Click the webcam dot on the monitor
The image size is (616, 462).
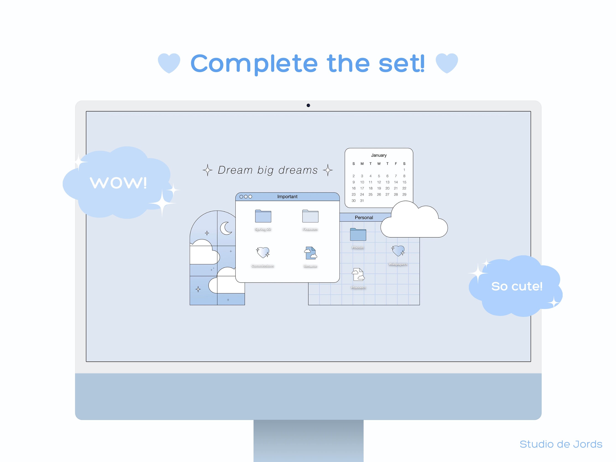[308, 105]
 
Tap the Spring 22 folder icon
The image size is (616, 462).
[263, 216]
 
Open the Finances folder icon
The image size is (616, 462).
[310, 216]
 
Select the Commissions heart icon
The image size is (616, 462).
[263, 252]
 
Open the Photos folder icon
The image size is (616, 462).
[358, 235]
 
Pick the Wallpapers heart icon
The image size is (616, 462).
[398, 251]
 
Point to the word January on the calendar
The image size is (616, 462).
[379, 155]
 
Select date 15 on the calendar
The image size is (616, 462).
[404, 182]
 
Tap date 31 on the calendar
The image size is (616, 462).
[362, 201]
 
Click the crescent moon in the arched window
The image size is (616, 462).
[226, 228]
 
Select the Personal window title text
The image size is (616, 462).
[364, 217]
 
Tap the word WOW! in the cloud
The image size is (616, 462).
[118, 183]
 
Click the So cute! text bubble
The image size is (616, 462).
[517, 286]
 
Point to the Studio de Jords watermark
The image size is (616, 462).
[561, 444]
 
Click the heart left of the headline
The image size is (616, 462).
[169, 63]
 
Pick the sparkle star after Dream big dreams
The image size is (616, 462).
[328, 170]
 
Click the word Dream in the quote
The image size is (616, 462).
[235, 170]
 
